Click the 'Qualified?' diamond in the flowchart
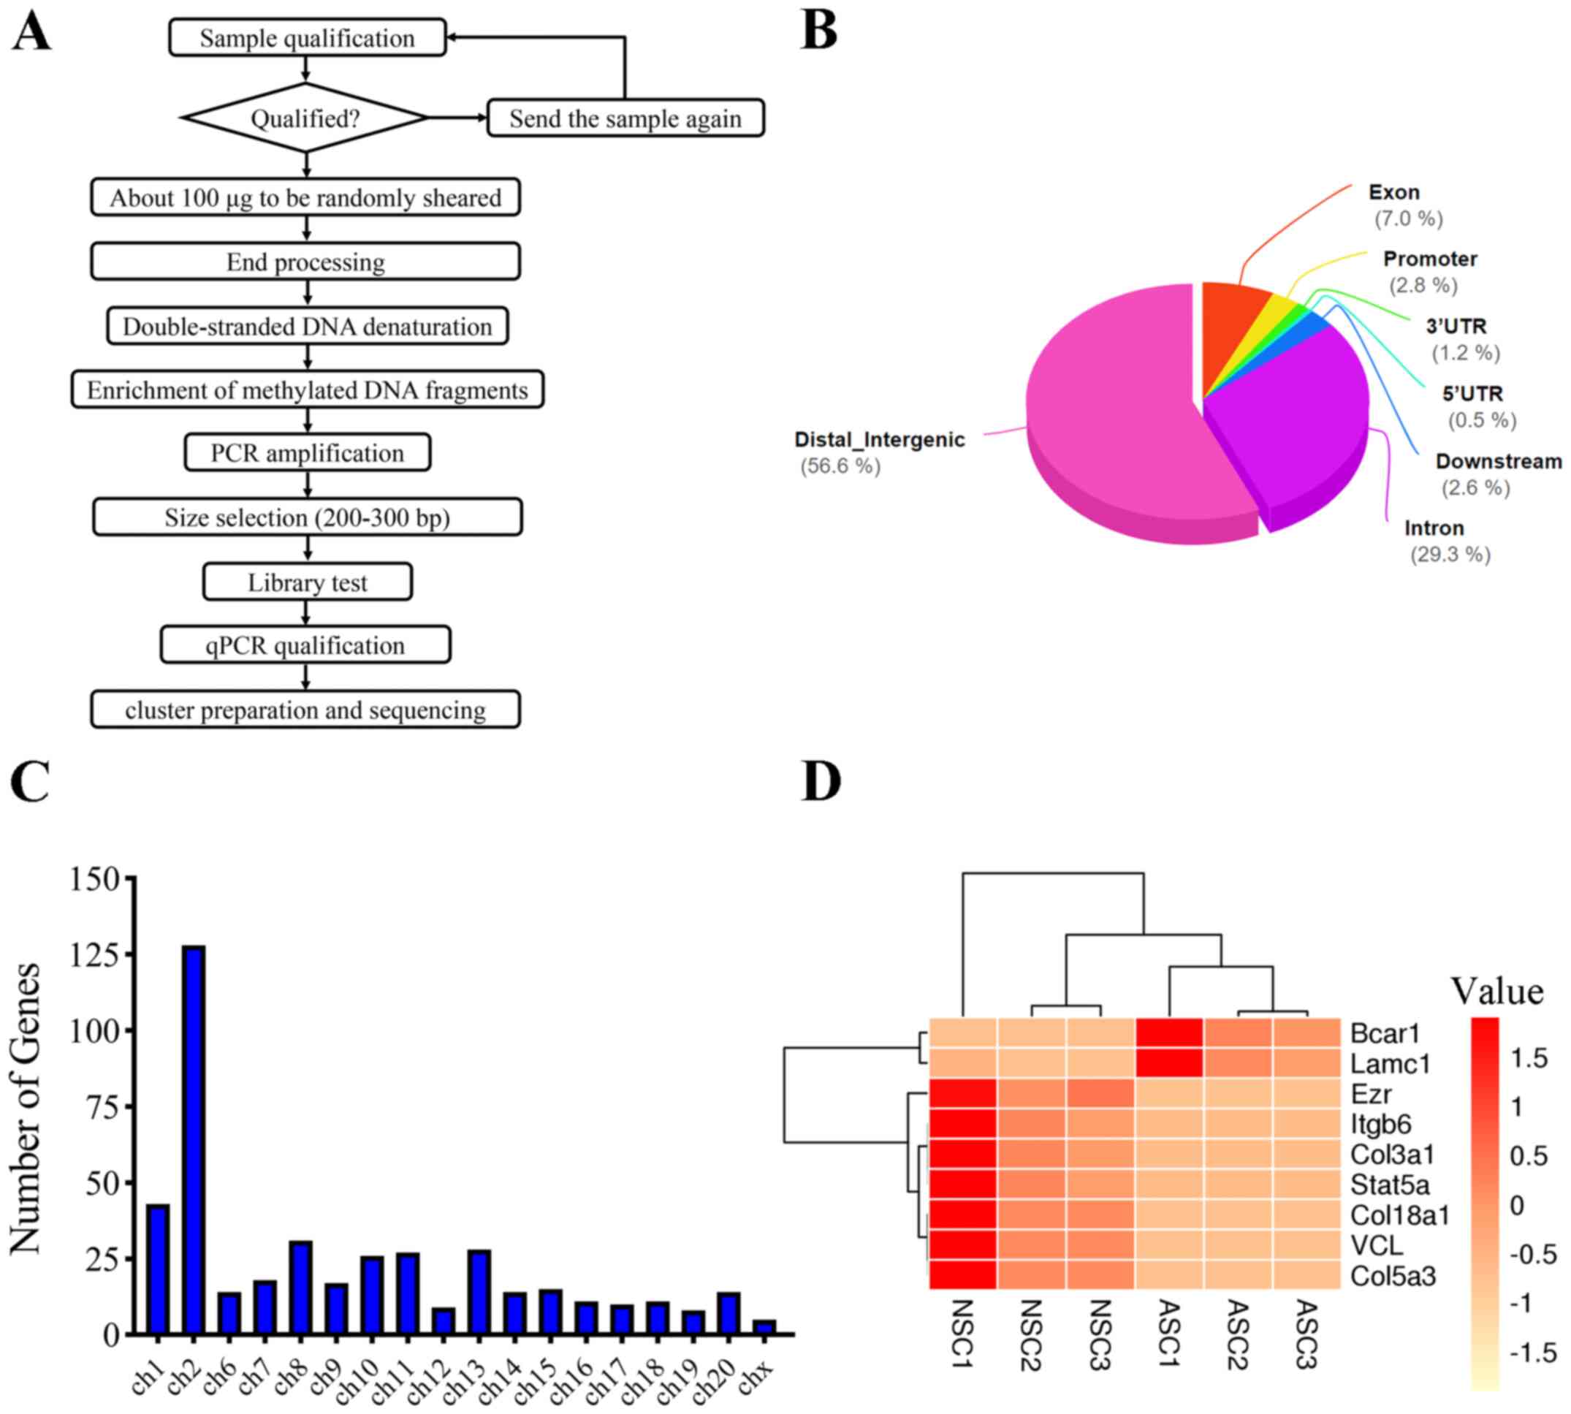305,118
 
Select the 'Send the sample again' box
625,118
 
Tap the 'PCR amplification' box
308,452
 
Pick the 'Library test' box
308,582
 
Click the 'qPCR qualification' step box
305,645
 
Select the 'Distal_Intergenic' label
879,440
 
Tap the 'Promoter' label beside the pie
1429,259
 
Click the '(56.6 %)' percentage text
840,466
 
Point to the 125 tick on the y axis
96,954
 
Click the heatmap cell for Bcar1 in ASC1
1169,1033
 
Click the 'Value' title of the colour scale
1496,992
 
